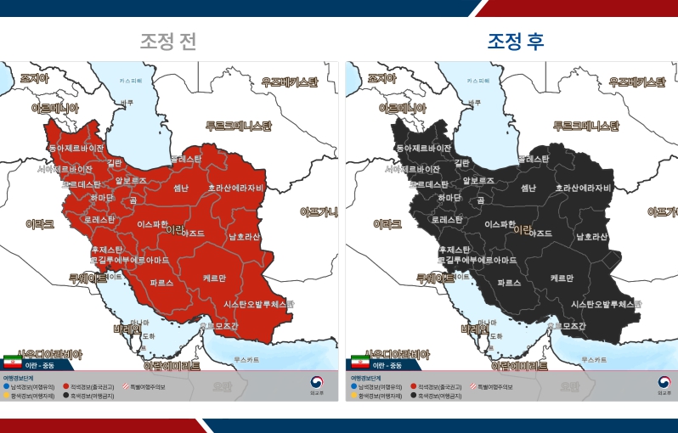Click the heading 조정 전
coord(168,41)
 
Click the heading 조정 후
coord(516,41)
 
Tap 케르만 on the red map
coord(215,278)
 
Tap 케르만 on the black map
coord(562,278)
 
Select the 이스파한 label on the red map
coord(153,224)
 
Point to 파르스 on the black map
coord(509,282)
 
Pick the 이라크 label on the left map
coord(40,224)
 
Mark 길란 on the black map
coord(462,162)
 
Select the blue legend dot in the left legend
coord(8,386)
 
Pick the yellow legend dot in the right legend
coord(354,396)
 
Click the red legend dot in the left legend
coord(65,386)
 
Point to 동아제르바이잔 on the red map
coord(71,147)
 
